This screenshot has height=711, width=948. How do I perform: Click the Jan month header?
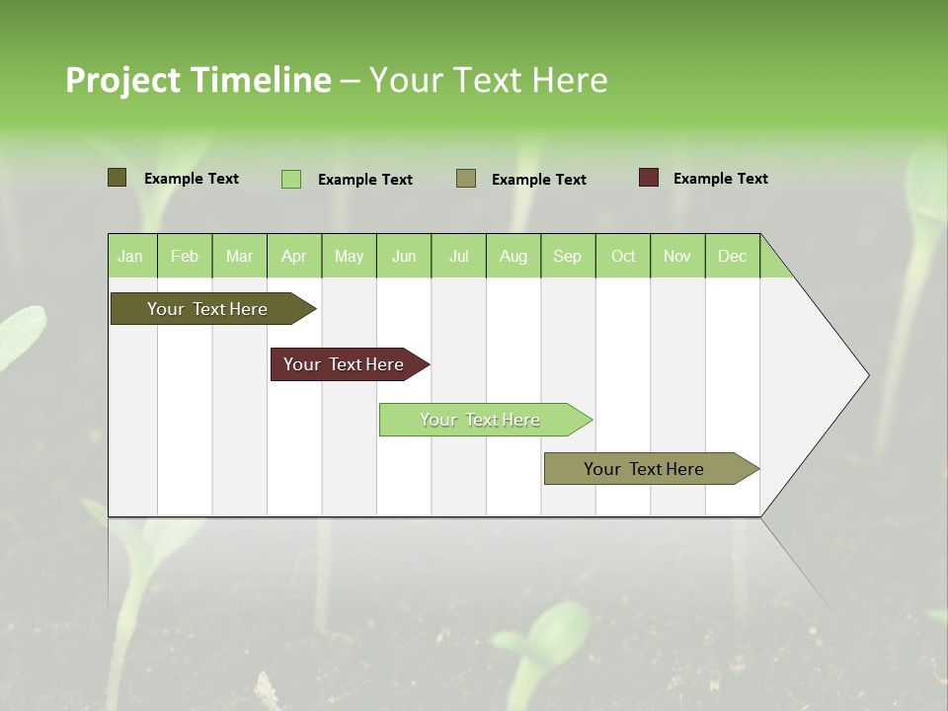click(131, 256)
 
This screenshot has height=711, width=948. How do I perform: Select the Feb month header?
click(185, 256)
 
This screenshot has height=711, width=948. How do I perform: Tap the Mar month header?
click(239, 256)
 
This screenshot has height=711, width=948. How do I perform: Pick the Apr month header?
click(293, 256)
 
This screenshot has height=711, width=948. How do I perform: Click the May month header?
click(349, 256)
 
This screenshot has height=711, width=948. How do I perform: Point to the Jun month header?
click(404, 256)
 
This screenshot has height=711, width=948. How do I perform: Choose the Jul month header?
click(458, 256)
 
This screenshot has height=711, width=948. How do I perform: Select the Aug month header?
click(513, 256)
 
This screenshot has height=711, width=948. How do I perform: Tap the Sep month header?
click(567, 256)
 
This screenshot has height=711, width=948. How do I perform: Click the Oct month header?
click(623, 256)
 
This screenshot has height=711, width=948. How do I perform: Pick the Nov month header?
click(676, 256)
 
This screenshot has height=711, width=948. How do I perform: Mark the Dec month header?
click(732, 256)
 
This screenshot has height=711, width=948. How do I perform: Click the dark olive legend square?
click(117, 178)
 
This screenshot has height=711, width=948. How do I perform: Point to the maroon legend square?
click(648, 178)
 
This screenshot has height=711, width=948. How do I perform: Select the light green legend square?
click(290, 179)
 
